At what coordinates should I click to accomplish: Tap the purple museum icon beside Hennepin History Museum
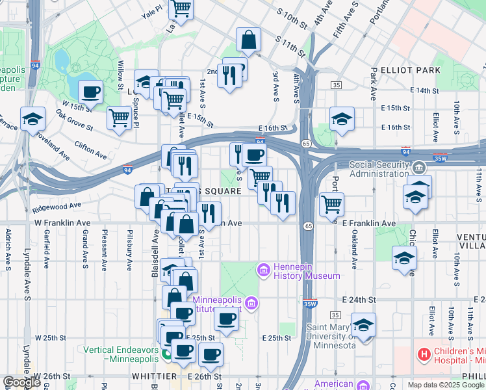pos(264,269)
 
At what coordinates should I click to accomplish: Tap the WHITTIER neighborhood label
pos(155,376)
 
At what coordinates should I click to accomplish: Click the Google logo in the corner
pos(22,382)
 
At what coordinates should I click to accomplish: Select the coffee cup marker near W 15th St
pos(90,92)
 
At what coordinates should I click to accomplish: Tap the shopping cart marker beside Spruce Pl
pos(119,118)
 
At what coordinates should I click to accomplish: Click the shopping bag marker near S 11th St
pos(248,40)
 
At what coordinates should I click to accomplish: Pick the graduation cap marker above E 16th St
pos(342,118)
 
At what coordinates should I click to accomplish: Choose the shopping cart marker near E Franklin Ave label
pos(332,204)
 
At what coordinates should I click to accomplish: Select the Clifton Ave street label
pos(90,150)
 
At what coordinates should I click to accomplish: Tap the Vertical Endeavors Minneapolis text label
pos(122,354)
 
